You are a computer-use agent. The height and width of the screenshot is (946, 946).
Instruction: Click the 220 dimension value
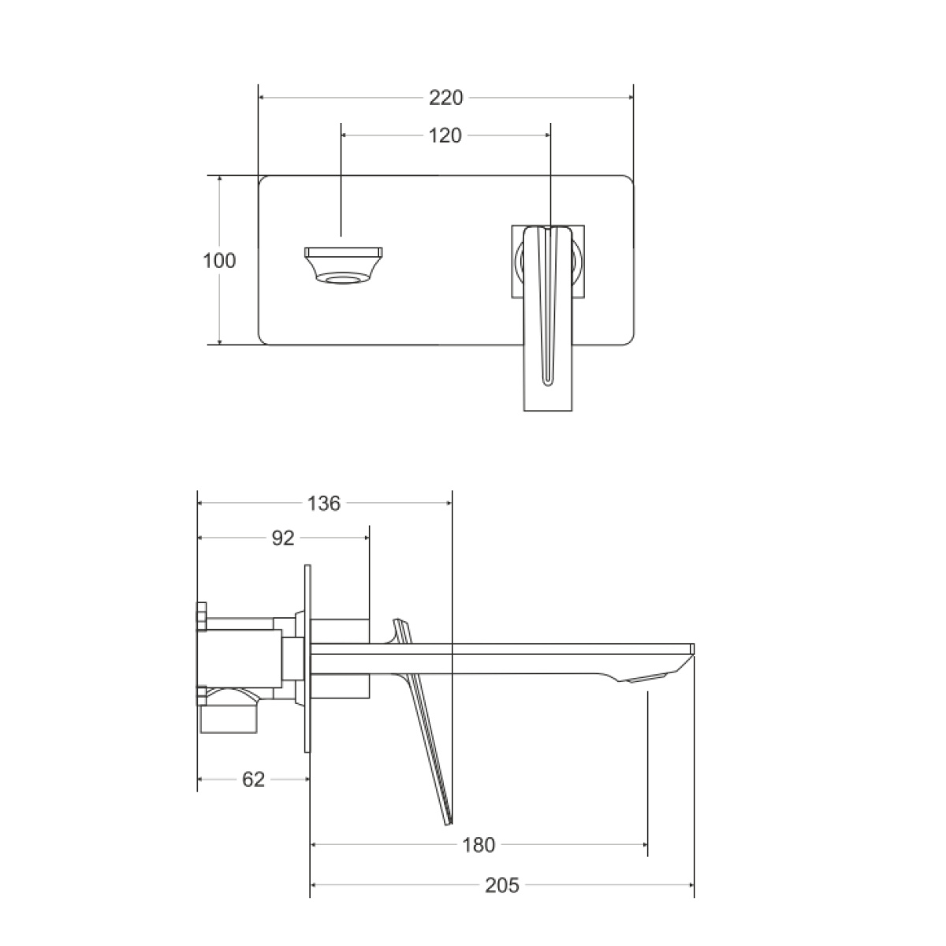[445, 98]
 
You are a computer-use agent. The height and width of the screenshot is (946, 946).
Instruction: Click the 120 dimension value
[445, 136]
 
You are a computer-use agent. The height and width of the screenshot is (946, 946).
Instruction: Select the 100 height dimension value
[219, 261]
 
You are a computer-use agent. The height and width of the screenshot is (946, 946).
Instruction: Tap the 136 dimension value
[323, 504]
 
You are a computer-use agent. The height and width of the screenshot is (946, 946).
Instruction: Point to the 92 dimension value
[283, 538]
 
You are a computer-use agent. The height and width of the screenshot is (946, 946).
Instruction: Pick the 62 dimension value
[253, 780]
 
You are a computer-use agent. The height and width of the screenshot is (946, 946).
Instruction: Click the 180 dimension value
[479, 845]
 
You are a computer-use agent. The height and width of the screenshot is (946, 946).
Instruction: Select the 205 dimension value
[501, 885]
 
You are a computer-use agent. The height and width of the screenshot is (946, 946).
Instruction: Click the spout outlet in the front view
[343, 266]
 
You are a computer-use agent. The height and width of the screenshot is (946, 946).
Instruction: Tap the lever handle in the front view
[548, 318]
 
